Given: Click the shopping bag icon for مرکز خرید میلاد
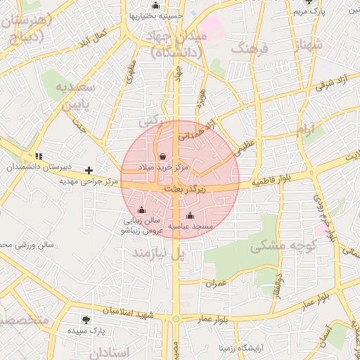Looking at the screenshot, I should click(163, 156).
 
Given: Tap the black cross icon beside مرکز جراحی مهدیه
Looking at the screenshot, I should click(89, 170).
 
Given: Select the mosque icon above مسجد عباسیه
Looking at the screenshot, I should click(190, 215).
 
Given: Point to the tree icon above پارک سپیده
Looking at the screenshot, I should click(86, 319).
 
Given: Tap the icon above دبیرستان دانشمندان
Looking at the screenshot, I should click(38, 155).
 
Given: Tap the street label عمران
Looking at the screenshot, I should click(216, 283).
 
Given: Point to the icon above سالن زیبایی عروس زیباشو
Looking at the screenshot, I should click(142, 210).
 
